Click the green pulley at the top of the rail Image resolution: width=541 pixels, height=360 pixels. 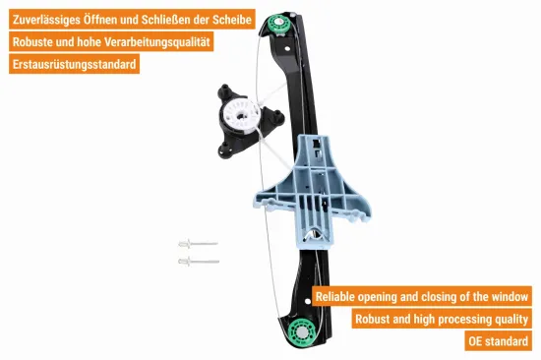pyautogui.click(x=278, y=24)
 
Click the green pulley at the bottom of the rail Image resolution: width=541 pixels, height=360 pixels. pyautogui.click(x=302, y=331)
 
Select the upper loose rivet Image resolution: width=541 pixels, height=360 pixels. pyautogui.click(x=198, y=244)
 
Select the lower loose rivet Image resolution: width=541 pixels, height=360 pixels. pyautogui.click(x=199, y=262)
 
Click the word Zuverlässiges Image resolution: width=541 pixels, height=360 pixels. pyautogui.click(x=46, y=20)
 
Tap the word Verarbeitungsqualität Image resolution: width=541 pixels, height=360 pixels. pyautogui.click(x=157, y=42)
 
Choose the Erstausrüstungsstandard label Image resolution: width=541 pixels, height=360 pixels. pyautogui.click(x=74, y=64)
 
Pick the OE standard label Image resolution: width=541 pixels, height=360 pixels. pyautogui.click(x=499, y=341)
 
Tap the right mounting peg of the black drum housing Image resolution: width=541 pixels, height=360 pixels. pyautogui.click(x=278, y=117)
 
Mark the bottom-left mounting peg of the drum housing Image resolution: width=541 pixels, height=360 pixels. pyautogui.click(x=224, y=150)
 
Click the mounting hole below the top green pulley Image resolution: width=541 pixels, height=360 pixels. pyautogui.click(x=286, y=48)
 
